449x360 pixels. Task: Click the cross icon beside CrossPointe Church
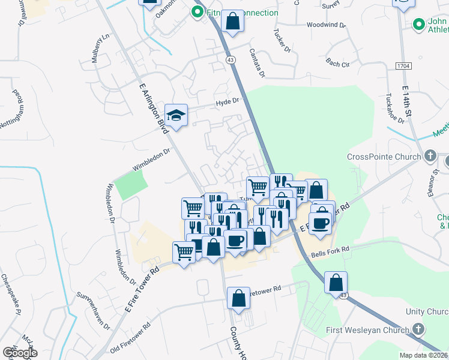click(430, 156)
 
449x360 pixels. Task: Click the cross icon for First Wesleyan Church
click(418, 329)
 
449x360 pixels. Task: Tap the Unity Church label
click(427, 311)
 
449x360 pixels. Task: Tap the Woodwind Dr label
click(326, 25)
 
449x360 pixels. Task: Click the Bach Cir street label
click(338, 64)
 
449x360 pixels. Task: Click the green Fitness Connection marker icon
click(196, 12)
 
